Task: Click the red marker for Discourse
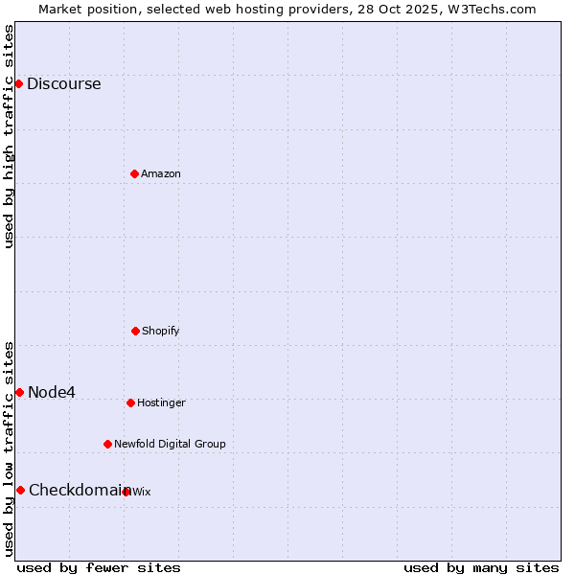pyautogui.click(x=18, y=83)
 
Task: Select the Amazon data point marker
pyautogui.click(x=134, y=173)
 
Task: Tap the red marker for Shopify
pyautogui.click(x=135, y=331)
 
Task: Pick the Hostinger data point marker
pyautogui.click(x=130, y=402)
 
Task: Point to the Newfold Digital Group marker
pyautogui.click(x=107, y=444)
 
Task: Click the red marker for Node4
pyautogui.click(x=19, y=392)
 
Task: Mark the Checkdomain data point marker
pyautogui.click(x=20, y=490)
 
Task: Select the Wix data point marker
pyautogui.click(x=126, y=492)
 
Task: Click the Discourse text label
pyautogui.click(x=63, y=84)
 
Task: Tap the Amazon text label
pyautogui.click(x=161, y=174)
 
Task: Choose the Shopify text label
pyautogui.click(x=161, y=332)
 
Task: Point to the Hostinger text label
pyautogui.click(x=161, y=403)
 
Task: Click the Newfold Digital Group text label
pyautogui.click(x=170, y=445)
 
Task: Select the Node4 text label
pyautogui.click(x=52, y=393)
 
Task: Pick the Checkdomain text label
pyautogui.click(x=79, y=491)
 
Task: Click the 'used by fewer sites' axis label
pyautogui.click(x=99, y=567)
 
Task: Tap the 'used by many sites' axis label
pyautogui.click(x=481, y=567)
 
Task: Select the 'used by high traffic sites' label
pyautogui.click(x=9, y=136)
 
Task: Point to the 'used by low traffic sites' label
pyautogui.click(x=9, y=448)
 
